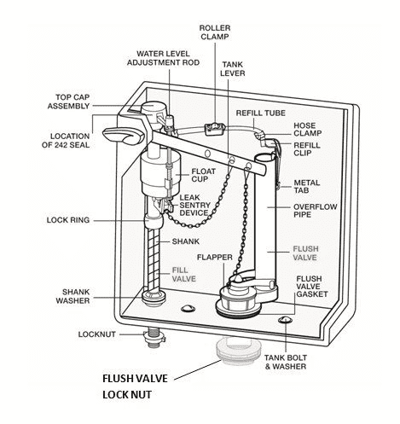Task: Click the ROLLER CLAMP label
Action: pyautogui.click(x=215, y=32)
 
